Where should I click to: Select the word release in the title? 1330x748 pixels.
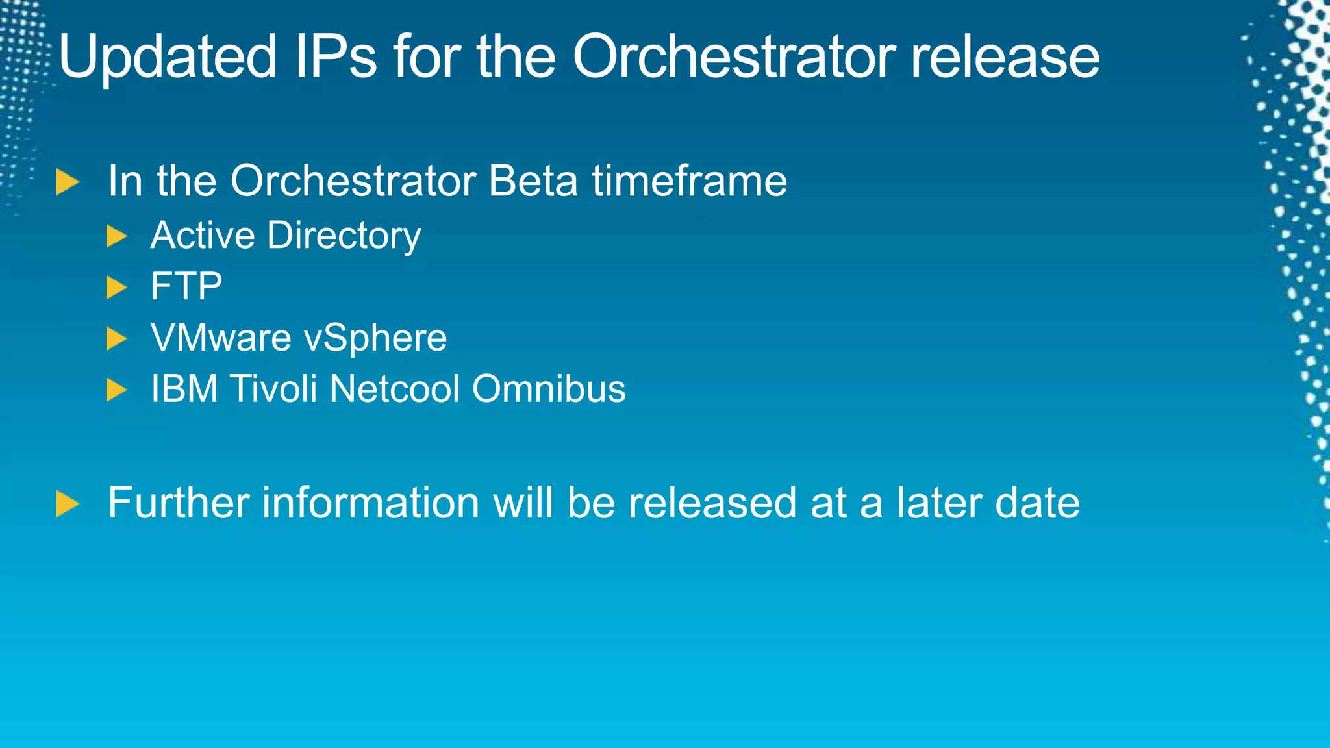(x=1005, y=57)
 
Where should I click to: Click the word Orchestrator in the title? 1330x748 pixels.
(x=734, y=57)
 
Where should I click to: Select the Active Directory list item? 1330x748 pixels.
(x=286, y=235)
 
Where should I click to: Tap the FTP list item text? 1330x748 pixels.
(x=186, y=286)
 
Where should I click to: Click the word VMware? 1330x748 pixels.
(x=221, y=338)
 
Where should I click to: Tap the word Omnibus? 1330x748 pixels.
(x=549, y=389)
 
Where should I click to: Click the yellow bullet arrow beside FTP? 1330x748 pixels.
(x=116, y=287)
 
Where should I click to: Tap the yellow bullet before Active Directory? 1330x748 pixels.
(x=116, y=236)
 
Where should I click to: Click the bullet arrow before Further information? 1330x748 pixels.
(x=67, y=504)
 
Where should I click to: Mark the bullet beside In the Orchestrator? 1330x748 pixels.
(x=67, y=182)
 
